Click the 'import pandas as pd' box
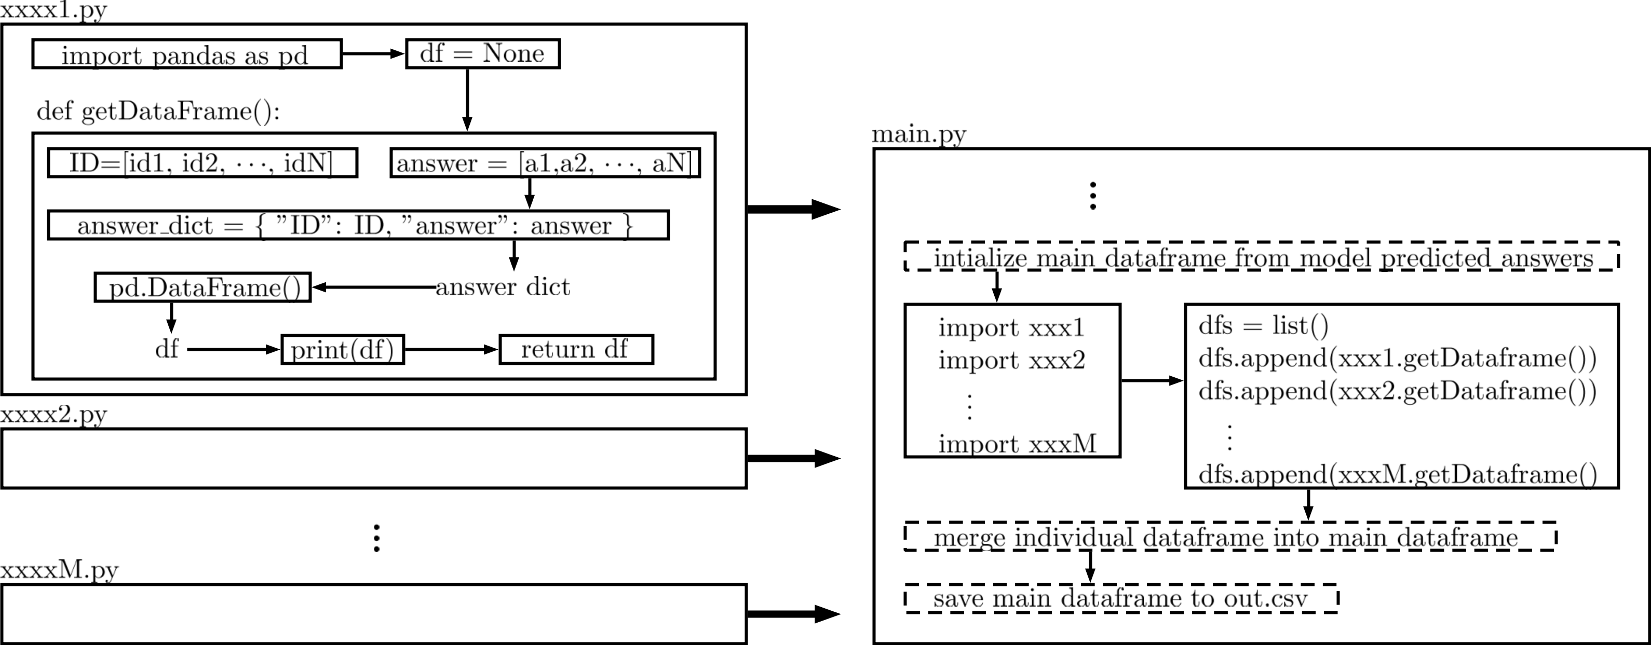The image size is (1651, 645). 186,54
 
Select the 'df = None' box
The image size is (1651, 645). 483,54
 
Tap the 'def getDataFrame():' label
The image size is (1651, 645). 158,112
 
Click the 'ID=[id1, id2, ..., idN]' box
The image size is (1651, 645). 202,163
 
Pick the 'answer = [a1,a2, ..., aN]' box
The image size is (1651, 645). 545,163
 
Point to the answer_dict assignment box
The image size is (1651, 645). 358,225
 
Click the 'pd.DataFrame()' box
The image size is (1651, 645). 202,287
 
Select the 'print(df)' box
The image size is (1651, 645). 342,349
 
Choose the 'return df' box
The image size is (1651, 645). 576,349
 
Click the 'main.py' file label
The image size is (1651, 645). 918,134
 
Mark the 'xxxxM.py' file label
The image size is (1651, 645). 59,569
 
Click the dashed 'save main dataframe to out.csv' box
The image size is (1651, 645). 1120,598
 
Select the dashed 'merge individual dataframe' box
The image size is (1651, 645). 1230,536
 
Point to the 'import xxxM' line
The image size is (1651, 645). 1017,443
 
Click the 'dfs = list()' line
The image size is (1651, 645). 1263,325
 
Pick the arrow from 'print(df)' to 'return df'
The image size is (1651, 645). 451,349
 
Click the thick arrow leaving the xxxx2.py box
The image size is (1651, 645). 793,458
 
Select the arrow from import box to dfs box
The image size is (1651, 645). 1152,380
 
